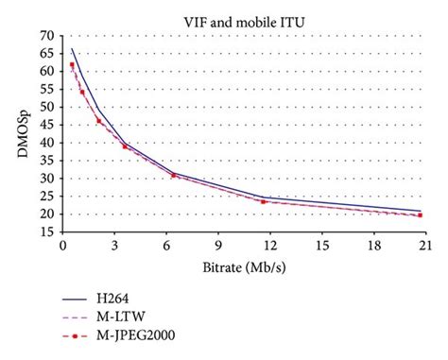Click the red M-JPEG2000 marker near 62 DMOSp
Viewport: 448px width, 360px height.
pos(72,65)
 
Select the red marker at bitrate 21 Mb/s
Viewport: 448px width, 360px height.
pos(420,215)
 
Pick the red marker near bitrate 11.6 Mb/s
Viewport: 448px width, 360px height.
pos(263,201)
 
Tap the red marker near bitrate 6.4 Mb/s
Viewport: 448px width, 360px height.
pos(173,175)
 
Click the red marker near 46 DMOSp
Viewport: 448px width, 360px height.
pos(99,121)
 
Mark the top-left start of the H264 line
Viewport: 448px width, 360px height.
pos(72,48)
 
